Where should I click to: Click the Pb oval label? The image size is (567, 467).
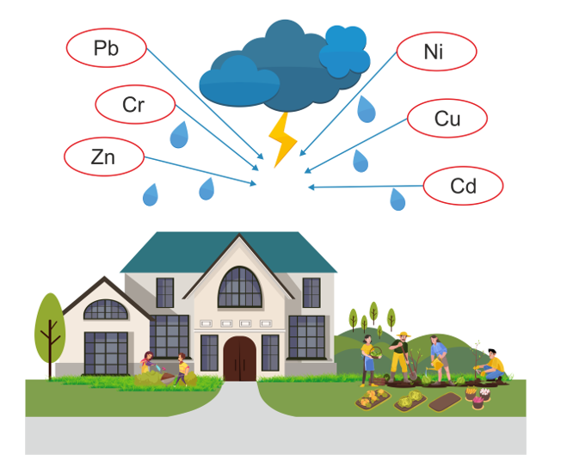pos(107,48)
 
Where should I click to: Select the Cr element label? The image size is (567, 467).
pos(134,105)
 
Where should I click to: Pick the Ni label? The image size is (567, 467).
pos(435,52)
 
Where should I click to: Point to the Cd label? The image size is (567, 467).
pos(463,185)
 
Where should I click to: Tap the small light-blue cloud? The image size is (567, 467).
pos(345,51)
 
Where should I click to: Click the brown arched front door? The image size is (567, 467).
pos(239,358)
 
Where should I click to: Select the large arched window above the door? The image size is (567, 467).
pos(239,287)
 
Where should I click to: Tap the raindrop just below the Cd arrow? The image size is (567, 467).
pos(398,200)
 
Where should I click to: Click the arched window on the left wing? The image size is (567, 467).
pos(105,310)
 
